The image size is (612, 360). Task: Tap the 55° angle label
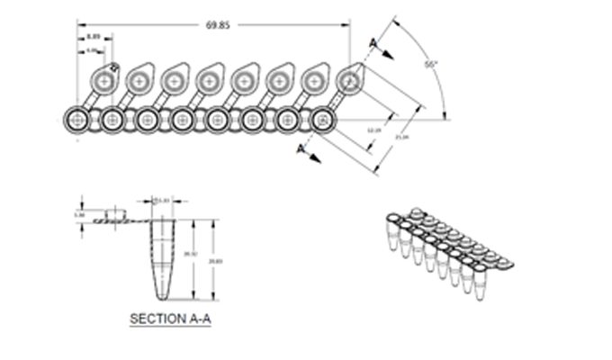(431, 65)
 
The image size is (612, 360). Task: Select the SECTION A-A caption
(171, 319)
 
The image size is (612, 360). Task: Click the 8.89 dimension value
(94, 37)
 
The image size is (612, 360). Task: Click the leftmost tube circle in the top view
(76, 119)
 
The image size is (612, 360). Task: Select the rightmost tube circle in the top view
(321, 119)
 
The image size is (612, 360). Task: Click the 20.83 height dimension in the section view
(214, 261)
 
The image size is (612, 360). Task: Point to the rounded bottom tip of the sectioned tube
(162, 298)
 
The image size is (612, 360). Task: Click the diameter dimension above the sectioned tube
(165, 199)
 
